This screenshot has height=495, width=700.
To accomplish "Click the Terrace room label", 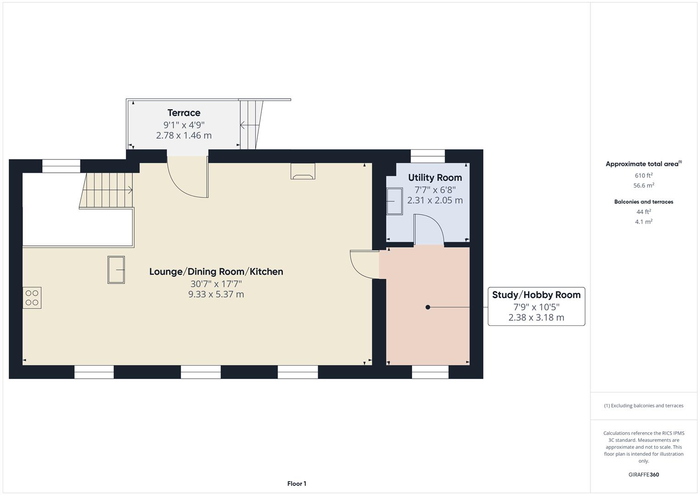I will (184, 113).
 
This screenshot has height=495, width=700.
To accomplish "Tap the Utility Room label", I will (435, 178).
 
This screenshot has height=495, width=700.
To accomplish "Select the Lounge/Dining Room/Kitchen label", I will (216, 272).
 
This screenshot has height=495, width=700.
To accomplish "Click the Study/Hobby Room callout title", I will (536, 295).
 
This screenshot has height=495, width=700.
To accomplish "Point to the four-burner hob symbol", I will (32, 297).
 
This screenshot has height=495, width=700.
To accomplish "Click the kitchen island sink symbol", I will (116, 269).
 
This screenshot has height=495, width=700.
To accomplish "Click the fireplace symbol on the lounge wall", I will (303, 171).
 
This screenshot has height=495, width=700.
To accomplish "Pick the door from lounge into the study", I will (364, 264).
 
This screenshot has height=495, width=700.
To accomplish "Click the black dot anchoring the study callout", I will (428, 307).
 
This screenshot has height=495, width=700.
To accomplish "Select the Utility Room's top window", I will (428, 156).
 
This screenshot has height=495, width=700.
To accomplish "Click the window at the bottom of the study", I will (430, 372).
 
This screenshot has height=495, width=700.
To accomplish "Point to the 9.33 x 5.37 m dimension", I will (216, 295).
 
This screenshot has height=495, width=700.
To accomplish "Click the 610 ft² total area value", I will (644, 176).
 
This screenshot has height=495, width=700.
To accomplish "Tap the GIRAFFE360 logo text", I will (644, 475).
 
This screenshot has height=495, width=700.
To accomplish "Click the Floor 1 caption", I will (297, 484).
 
